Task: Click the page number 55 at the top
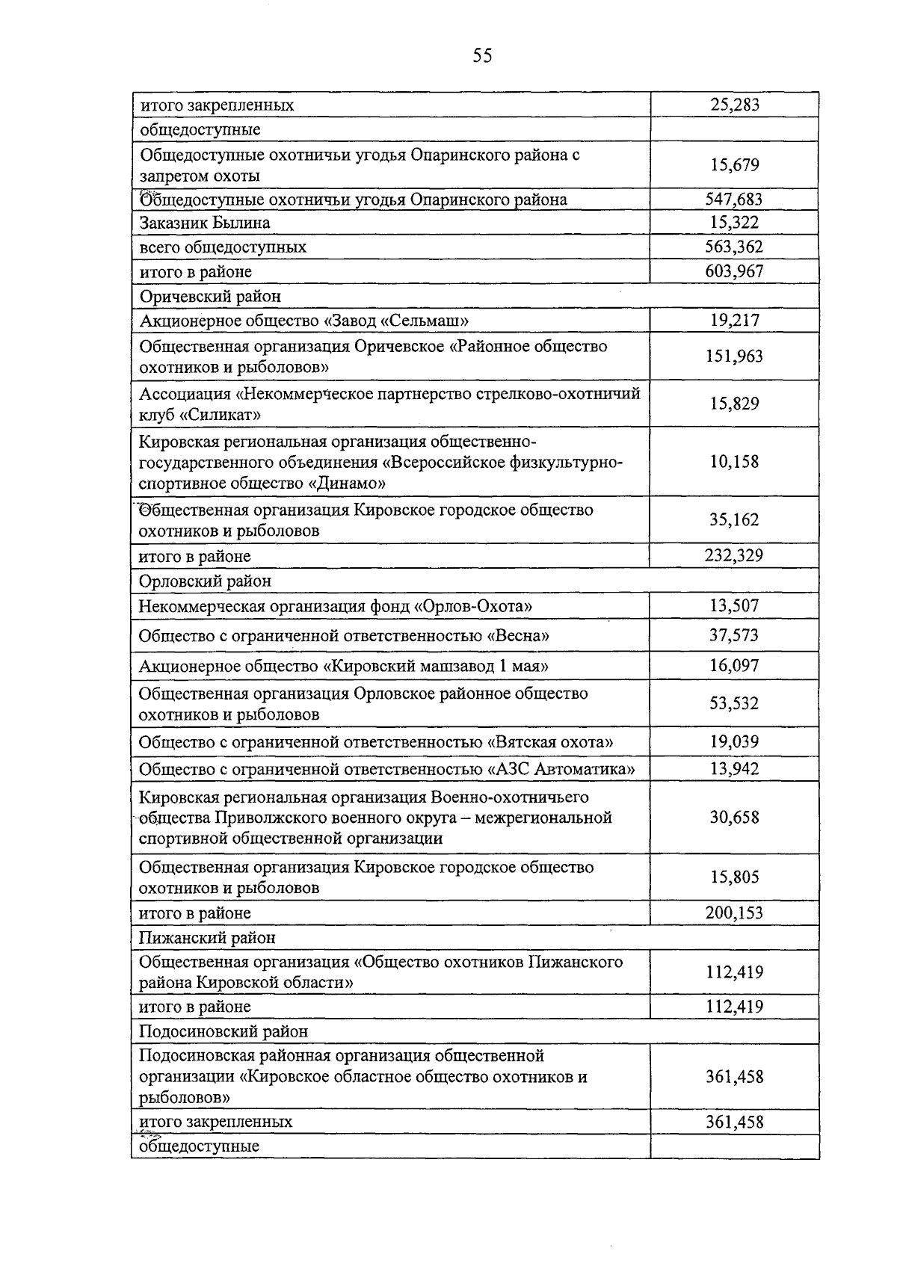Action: pyautogui.click(x=482, y=55)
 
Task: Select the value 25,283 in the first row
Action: pyautogui.click(x=734, y=105)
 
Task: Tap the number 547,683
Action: pyautogui.click(x=734, y=199)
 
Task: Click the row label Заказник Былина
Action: pyautogui.click(x=205, y=223)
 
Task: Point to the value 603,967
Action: pyautogui.click(x=734, y=271)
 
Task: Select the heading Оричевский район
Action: pyautogui.click(x=211, y=297)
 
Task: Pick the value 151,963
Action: pyautogui.click(x=734, y=356)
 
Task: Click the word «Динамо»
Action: pyautogui.click(x=347, y=483)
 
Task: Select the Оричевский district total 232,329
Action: pyautogui.click(x=734, y=555)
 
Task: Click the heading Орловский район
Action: pyautogui.click(x=206, y=581)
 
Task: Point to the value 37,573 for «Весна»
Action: pyautogui.click(x=734, y=635)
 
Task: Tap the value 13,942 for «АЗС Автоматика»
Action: pyautogui.click(x=734, y=769)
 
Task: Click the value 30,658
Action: pyautogui.click(x=734, y=817)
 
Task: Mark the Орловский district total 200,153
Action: pyautogui.click(x=734, y=913)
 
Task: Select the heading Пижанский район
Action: pyautogui.click(x=208, y=937)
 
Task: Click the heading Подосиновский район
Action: pyautogui.click(x=224, y=1031)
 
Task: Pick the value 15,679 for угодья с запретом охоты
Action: pyautogui.click(x=734, y=165)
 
